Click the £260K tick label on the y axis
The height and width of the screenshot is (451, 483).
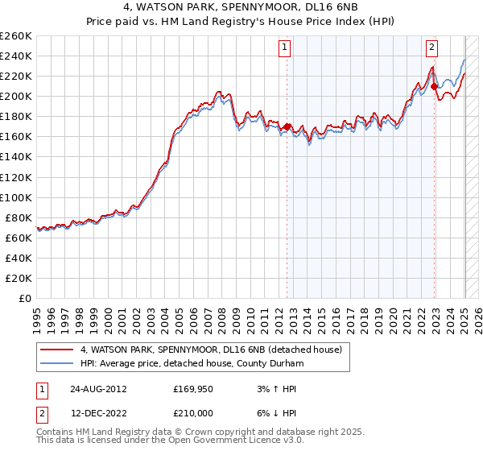click(x=16, y=36)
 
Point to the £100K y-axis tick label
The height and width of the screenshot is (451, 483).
click(x=16, y=197)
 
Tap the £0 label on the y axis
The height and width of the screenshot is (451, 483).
click(x=24, y=298)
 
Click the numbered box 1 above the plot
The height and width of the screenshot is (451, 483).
click(x=286, y=48)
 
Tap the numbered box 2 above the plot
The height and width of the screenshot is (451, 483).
click(x=432, y=48)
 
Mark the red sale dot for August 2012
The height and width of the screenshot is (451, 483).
click(x=287, y=126)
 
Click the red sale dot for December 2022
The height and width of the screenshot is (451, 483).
click(x=435, y=86)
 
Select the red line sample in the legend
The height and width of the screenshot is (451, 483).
click(x=57, y=350)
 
